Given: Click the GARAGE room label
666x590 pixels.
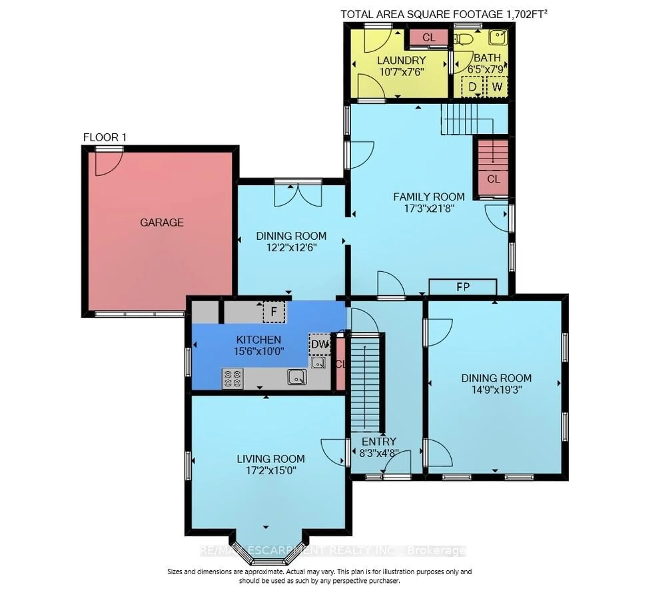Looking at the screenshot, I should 162,223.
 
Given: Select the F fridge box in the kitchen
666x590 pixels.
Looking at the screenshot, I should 274,312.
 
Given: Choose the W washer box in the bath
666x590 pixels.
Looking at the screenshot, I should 497,87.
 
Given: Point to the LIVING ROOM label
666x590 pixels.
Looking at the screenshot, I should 271,459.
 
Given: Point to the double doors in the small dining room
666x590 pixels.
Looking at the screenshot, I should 298,195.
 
